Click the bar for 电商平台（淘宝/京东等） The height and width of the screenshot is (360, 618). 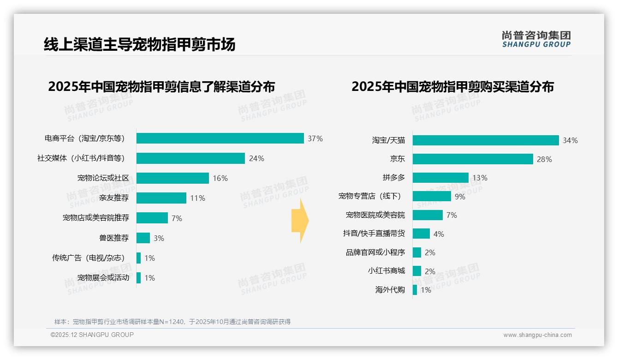tap(220, 138)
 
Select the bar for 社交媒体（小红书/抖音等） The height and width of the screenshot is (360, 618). tap(190, 158)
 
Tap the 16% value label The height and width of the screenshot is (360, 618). tap(220, 178)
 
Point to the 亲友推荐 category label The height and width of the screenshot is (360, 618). tap(114, 198)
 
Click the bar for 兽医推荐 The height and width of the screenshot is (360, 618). tap(143, 238)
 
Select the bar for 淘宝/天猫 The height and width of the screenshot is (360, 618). tap(486, 140)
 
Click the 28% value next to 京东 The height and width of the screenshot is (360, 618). tap(544, 159)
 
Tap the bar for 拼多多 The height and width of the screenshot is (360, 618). tap(440, 178)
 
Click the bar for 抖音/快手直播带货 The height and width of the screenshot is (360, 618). tap(421, 234)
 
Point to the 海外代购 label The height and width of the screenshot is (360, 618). tap(390, 290)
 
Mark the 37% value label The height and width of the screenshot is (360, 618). tap(315, 138)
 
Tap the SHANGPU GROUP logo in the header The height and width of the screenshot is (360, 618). tap(536, 39)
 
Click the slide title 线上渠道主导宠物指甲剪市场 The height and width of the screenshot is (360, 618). tap(140, 44)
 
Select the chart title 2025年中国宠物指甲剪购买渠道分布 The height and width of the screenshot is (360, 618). tap(452, 87)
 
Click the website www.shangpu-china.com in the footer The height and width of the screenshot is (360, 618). tap(537, 335)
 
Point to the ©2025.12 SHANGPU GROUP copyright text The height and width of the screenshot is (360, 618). tap(92, 335)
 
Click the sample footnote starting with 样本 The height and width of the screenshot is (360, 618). tap(172, 322)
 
